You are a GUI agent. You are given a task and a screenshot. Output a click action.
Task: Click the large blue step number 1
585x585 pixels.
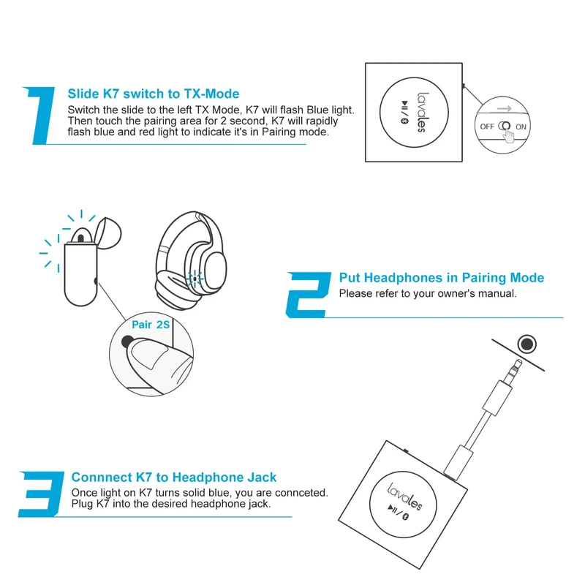(x=42, y=116)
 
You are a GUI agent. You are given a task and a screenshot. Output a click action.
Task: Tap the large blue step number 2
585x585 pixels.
(x=308, y=295)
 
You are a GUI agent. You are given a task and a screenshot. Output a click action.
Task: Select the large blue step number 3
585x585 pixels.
(x=41, y=494)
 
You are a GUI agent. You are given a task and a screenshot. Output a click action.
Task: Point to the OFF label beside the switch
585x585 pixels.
(x=487, y=127)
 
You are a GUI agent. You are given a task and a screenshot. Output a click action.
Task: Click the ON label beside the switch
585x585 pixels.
(x=521, y=127)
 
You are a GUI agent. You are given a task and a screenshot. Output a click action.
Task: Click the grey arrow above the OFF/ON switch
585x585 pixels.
(x=504, y=108)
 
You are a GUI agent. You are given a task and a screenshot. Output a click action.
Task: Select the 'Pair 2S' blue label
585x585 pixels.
(x=151, y=325)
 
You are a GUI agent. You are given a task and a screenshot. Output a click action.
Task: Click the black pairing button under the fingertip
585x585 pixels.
(x=127, y=341)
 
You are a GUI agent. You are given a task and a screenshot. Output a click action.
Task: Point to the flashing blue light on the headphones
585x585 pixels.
(x=195, y=279)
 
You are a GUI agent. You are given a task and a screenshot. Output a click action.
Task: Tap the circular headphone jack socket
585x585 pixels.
(x=526, y=344)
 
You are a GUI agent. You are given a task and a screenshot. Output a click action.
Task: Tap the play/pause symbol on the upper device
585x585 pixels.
(x=405, y=105)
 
